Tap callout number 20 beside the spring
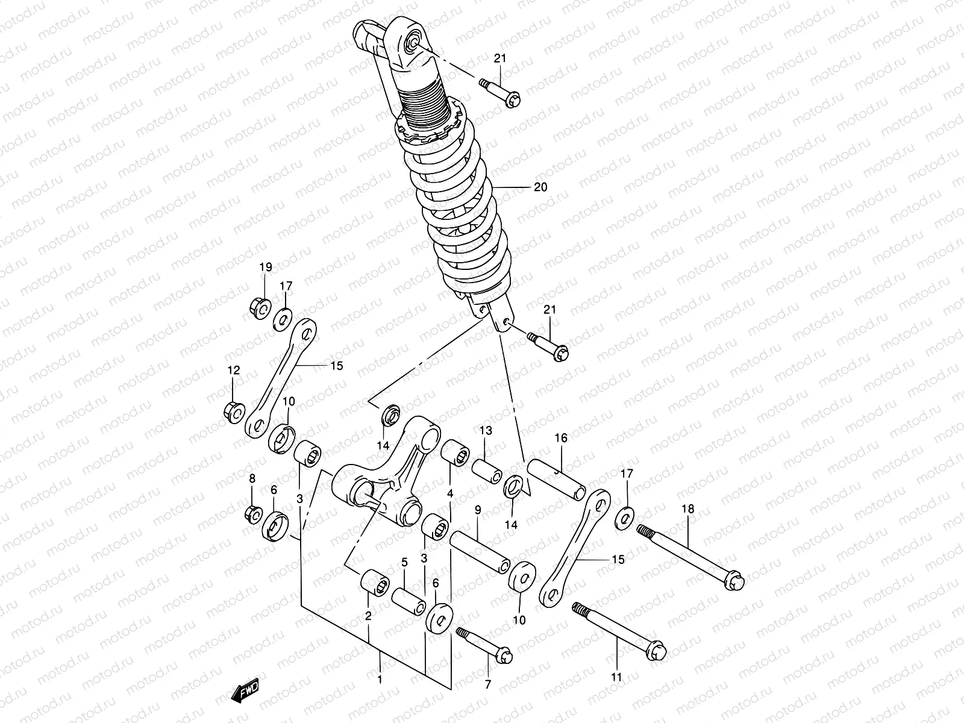click(540, 187)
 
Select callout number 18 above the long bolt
click(688, 509)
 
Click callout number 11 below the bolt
click(616, 677)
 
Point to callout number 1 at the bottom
click(380, 680)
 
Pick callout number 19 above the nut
click(266, 267)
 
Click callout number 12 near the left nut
click(234, 370)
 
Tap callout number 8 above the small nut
click(252, 479)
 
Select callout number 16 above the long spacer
click(561, 438)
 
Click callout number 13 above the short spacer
click(486, 430)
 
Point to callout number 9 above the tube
click(478, 510)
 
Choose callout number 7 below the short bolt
click(487, 684)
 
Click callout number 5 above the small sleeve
click(405, 562)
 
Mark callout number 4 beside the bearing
click(450, 493)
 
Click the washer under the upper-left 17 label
click(283, 319)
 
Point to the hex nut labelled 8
click(254, 514)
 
